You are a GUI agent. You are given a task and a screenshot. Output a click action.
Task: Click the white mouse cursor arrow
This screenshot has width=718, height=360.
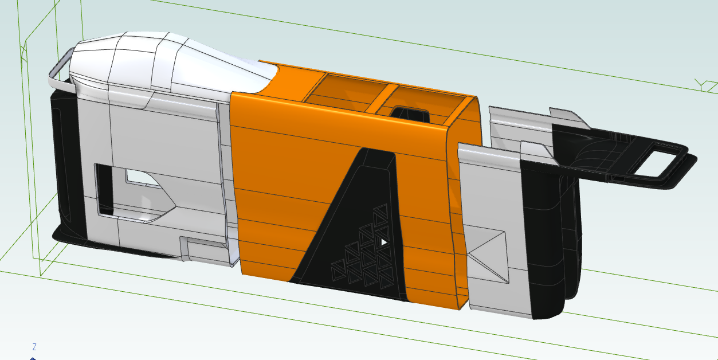[383, 242]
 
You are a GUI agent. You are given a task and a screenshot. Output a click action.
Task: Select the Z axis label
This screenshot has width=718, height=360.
[34, 347]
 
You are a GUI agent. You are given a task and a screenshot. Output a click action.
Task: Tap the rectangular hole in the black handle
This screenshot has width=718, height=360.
[659, 161]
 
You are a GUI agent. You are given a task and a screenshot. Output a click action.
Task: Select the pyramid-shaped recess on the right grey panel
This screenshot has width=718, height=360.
[487, 255]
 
